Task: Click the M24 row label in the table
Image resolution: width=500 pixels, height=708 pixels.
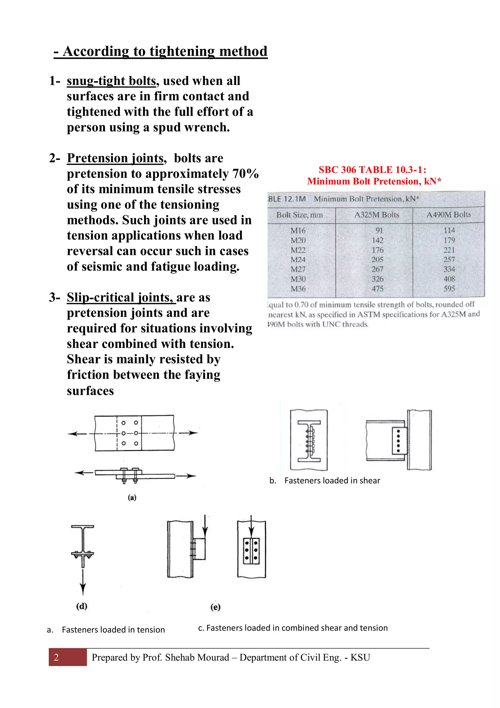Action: point(298,260)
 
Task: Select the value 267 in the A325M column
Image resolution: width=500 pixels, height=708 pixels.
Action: point(377,269)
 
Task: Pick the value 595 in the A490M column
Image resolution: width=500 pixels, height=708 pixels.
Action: point(449,289)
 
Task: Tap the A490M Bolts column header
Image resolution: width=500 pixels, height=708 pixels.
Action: point(448,215)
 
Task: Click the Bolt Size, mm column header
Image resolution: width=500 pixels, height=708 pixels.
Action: point(300,215)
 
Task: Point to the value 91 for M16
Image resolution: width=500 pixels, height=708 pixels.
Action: point(379,230)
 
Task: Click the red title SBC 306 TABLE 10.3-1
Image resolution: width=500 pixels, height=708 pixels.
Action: point(373,170)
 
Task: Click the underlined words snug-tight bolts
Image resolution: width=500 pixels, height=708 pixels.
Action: point(112,81)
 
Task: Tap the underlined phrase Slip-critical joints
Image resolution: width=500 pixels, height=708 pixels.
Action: point(121,298)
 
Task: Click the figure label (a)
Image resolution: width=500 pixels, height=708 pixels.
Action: point(132,497)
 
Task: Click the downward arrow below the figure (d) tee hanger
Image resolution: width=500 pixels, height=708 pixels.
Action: point(83,583)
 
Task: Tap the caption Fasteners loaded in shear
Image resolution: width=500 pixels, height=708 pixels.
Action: point(332,480)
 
